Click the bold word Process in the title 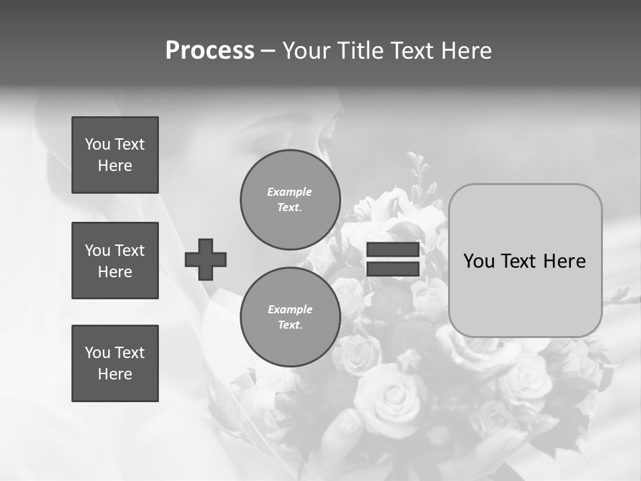click(210, 51)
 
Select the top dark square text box click(115, 155)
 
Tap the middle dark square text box click(115, 261)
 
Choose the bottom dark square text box click(115, 363)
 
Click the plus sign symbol click(206, 259)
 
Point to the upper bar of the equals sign click(393, 249)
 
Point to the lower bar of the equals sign click(393, 269)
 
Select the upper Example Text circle click(290, 200)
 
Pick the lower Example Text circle click(290, 317)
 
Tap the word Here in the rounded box click(565, 261)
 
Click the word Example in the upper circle click(290, 192)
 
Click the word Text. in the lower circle click(290, 325)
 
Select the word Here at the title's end click(468, 51)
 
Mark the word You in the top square click(97, 144)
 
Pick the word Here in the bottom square click(115, 374)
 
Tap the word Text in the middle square click(130, 251)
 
